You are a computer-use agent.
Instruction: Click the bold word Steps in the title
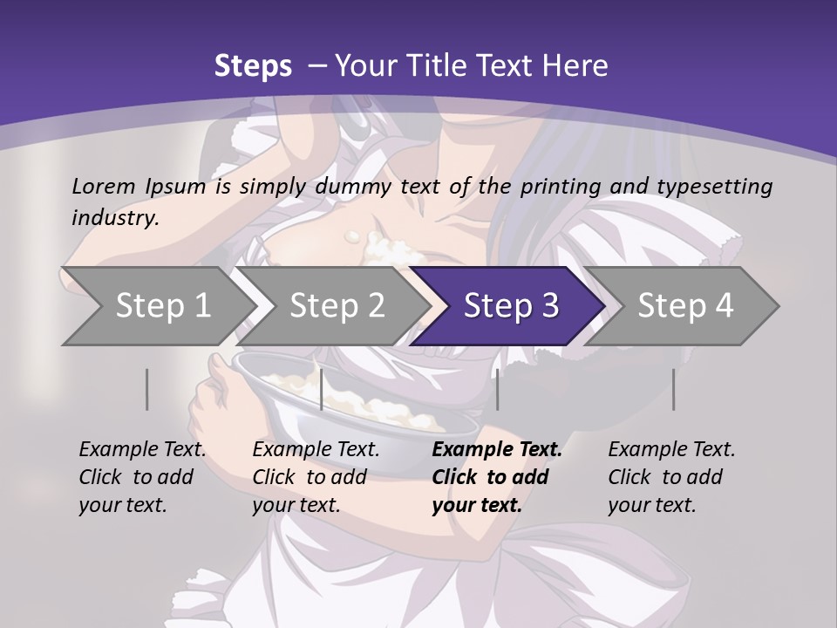[x=253, y=66]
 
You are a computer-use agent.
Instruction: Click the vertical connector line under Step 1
[x=147, y=389]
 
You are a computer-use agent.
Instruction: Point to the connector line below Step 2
[x=322, y=389]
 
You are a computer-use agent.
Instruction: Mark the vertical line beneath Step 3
[x=497, y=389]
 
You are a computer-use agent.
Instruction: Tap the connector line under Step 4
[x=673, y=389]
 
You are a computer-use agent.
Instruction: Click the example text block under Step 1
[x=142, y=477]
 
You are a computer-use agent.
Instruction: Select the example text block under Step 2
[x=316, y=477]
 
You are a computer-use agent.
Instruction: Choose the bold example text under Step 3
[x=497, y=477]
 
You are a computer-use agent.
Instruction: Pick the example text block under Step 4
[x=671, y=477]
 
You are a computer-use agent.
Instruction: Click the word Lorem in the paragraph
[x=102, y=186]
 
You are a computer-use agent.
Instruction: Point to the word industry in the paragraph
[x=115, y=217]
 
